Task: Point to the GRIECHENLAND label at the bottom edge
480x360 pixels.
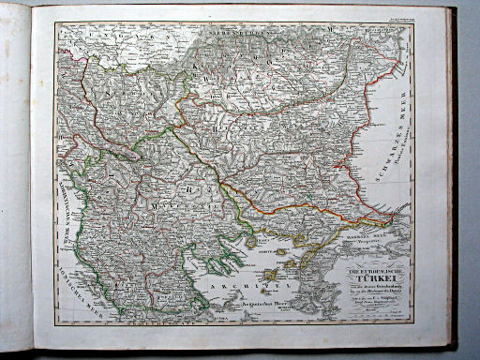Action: (159, 320)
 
